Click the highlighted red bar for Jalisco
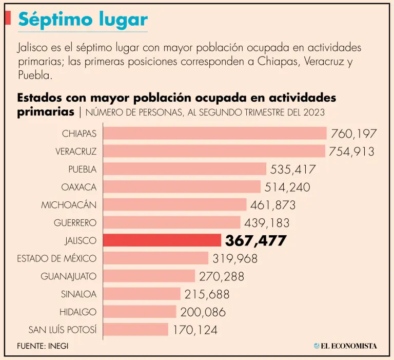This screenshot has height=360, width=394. [x=162, y=240]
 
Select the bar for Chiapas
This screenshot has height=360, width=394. [x=215, y=134]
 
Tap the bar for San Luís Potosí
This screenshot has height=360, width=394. [x=136, y=329]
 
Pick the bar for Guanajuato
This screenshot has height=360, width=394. [x=149, y=276]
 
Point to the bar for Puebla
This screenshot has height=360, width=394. [x=185, y=169]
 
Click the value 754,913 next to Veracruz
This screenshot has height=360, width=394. [x=352, y=151]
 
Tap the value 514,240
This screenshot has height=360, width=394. [x=287, y=187]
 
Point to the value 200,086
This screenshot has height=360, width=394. [x=203, y=312]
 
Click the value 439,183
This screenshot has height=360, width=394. [x=267, y=223]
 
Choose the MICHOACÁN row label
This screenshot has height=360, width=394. [x=69, y=205]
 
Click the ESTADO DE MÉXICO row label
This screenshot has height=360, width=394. [x=56, y=258]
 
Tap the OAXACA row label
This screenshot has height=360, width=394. [x=78, y=187]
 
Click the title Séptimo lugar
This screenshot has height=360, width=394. [x=83, y=20]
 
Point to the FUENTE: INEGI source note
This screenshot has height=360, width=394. [x=43, y=346]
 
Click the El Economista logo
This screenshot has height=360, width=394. [x=345, y=346]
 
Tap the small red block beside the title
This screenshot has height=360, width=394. [x=8, y=18]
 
